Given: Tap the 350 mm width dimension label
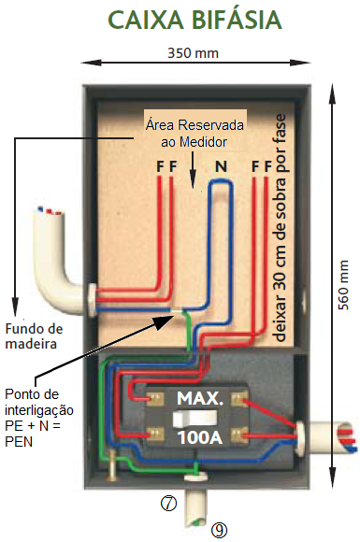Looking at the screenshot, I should click(193, 52).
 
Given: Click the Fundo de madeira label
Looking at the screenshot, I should click(33, 336).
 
